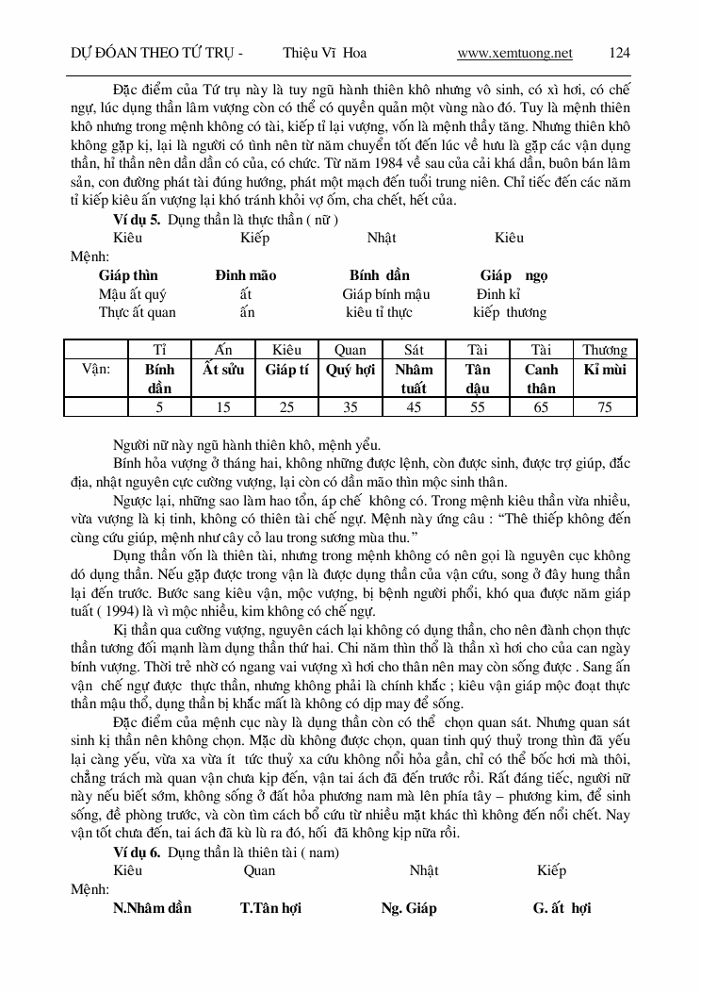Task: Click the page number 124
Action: point(620,53)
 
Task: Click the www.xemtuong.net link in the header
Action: point(514,53)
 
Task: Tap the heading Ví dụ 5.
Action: point(136,220)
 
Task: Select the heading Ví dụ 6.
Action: point(136,852)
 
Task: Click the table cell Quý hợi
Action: point(350,370)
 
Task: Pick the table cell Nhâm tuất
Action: point(414,378)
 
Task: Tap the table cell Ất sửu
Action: point(223,370)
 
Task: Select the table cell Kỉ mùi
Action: point(604,370)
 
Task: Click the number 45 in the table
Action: point(414,406)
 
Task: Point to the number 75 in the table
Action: point(604,406)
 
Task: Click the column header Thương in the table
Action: point(604,350)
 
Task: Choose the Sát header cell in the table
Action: point(414,350)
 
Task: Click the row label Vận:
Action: point(96,370)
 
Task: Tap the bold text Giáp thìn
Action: point(128,275)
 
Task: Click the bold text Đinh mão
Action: point(245,275)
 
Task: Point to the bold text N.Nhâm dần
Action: point(152,908)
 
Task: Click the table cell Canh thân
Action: point(541,378)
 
